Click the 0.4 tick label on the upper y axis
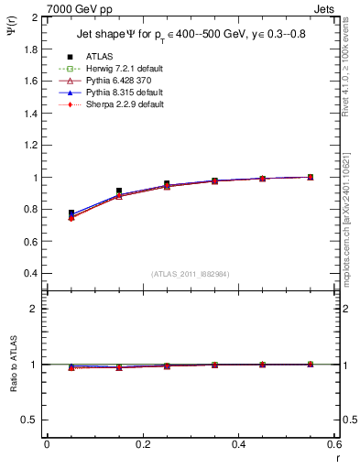[x=29, y=274]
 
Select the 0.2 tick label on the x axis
[x=142, y=444]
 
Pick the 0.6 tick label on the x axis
[x=333, y=444]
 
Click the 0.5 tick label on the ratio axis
[x=29, y=420]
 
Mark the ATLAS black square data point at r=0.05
[x=71, y=213]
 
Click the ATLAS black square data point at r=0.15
[x=119, y=191]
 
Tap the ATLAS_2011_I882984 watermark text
[x=190, y=274]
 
